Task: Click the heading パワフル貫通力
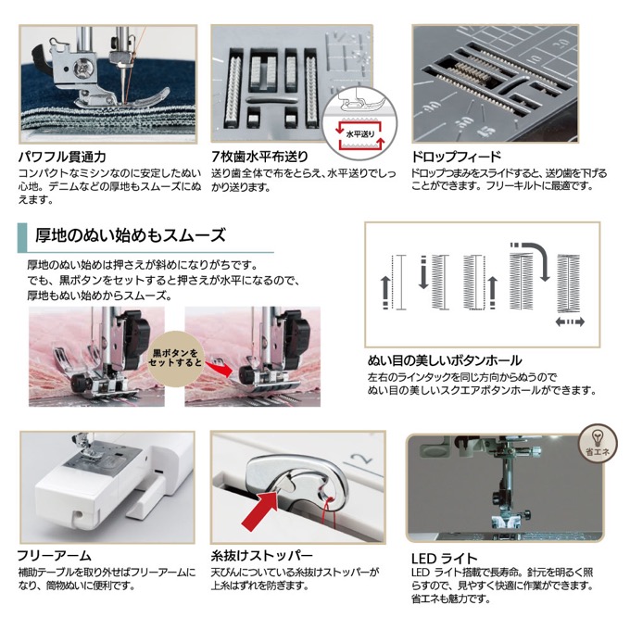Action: click(62, 157)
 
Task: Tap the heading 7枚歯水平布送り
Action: click(259, 157)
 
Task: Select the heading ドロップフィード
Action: click(456, 157)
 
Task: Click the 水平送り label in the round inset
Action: click(360, 134)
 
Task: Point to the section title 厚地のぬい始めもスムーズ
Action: click(131, 235)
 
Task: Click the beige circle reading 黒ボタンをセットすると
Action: click(175, 358)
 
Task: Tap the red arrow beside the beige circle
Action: click(219, 368)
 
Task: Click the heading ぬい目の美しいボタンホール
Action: click(445, 360)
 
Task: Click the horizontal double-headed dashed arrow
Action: click(570, 321)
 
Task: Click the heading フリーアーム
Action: click(55, 556)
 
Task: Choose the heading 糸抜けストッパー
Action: click(261, 556)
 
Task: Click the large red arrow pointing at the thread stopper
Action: click(260, 506)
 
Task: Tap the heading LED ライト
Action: click(444, 559)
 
